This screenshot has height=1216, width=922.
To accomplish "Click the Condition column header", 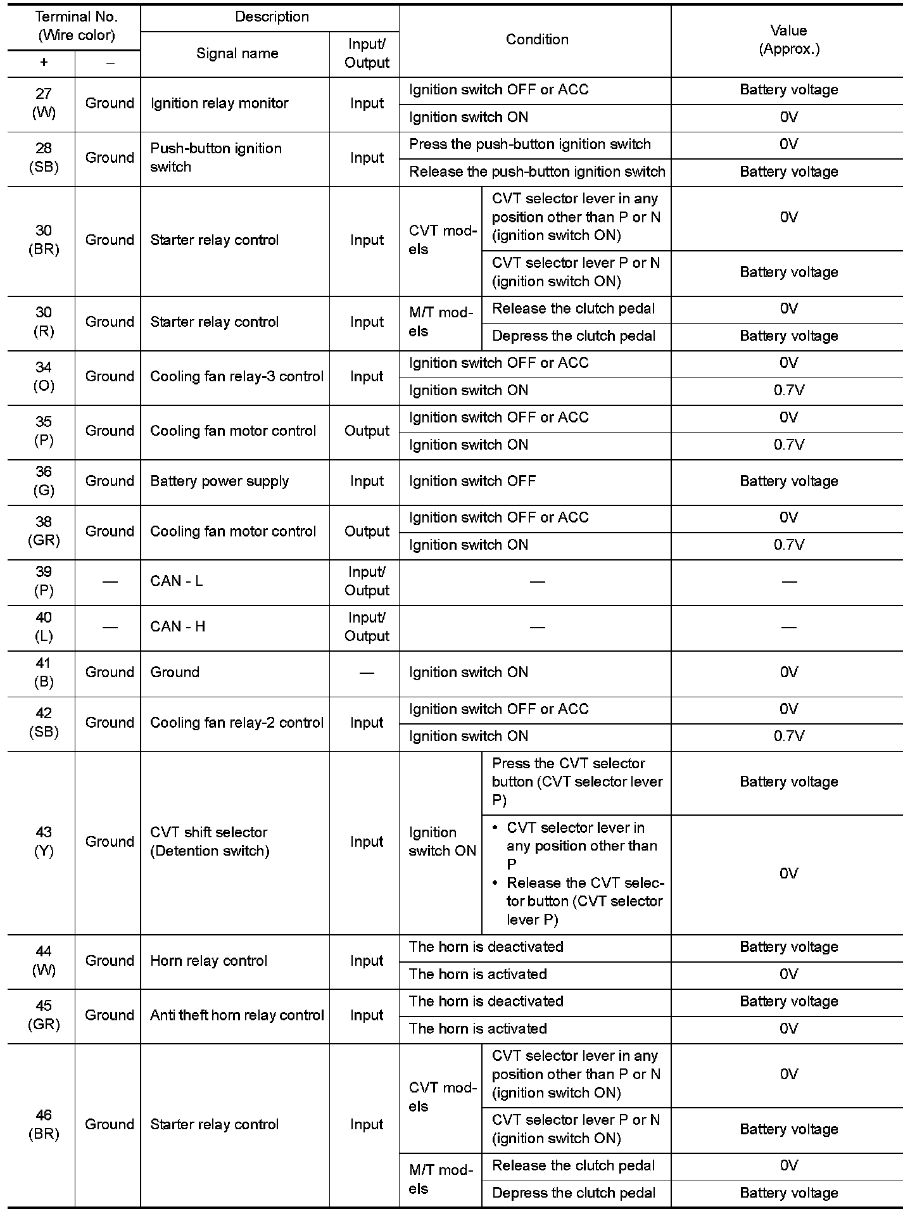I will pyautogui.click(x=536, y=40).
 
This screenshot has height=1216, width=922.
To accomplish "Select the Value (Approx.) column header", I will pyautogui.click(x=788, y=40).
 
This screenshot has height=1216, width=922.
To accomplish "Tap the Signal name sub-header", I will pyautogui.click(x=237, y=54).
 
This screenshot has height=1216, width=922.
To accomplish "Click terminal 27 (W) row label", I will pyautogui.click(x=44, y=103).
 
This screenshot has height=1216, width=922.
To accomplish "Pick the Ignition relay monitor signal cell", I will pyautogui.click(x=219, y=103).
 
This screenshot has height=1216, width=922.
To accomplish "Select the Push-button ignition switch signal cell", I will pyautogui.click(x=216, y=158).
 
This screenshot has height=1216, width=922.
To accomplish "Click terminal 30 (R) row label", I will pyautogui.click(x=44, y=322).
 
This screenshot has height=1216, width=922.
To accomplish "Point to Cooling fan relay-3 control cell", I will pyautogui.click(x=236, y=376).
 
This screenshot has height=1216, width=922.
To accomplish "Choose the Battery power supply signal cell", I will pyautogui.click(x=219, y=481).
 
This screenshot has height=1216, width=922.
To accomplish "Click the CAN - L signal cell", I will pyautogui.click(x=177, y=581).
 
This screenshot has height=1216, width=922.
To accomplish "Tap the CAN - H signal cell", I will pyautogui.click(x=178, y=627).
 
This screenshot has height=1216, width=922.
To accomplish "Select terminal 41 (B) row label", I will pyautogui.click(x=44, y=673).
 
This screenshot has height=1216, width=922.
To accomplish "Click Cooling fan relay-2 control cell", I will pyautogui.click(x=236, y=723).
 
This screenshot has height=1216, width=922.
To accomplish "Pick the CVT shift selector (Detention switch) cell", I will pyautogui.click(x=210, y=842).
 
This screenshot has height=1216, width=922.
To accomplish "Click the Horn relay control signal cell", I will pyautogui.click(x=209, y=961).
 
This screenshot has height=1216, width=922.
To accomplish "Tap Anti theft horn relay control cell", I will pyautogui.click(x=237, y=1015).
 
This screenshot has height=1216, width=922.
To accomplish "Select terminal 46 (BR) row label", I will pyautogui.click(x=44, y=1124).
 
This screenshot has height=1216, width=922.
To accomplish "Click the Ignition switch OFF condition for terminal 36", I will pyautogui.click(x=472, y=481).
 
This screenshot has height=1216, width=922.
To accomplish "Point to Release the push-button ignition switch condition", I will pyautogui.click(x=537, y=172).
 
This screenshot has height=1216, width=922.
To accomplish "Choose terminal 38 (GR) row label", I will pyautogui.click(x=44, y=531).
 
